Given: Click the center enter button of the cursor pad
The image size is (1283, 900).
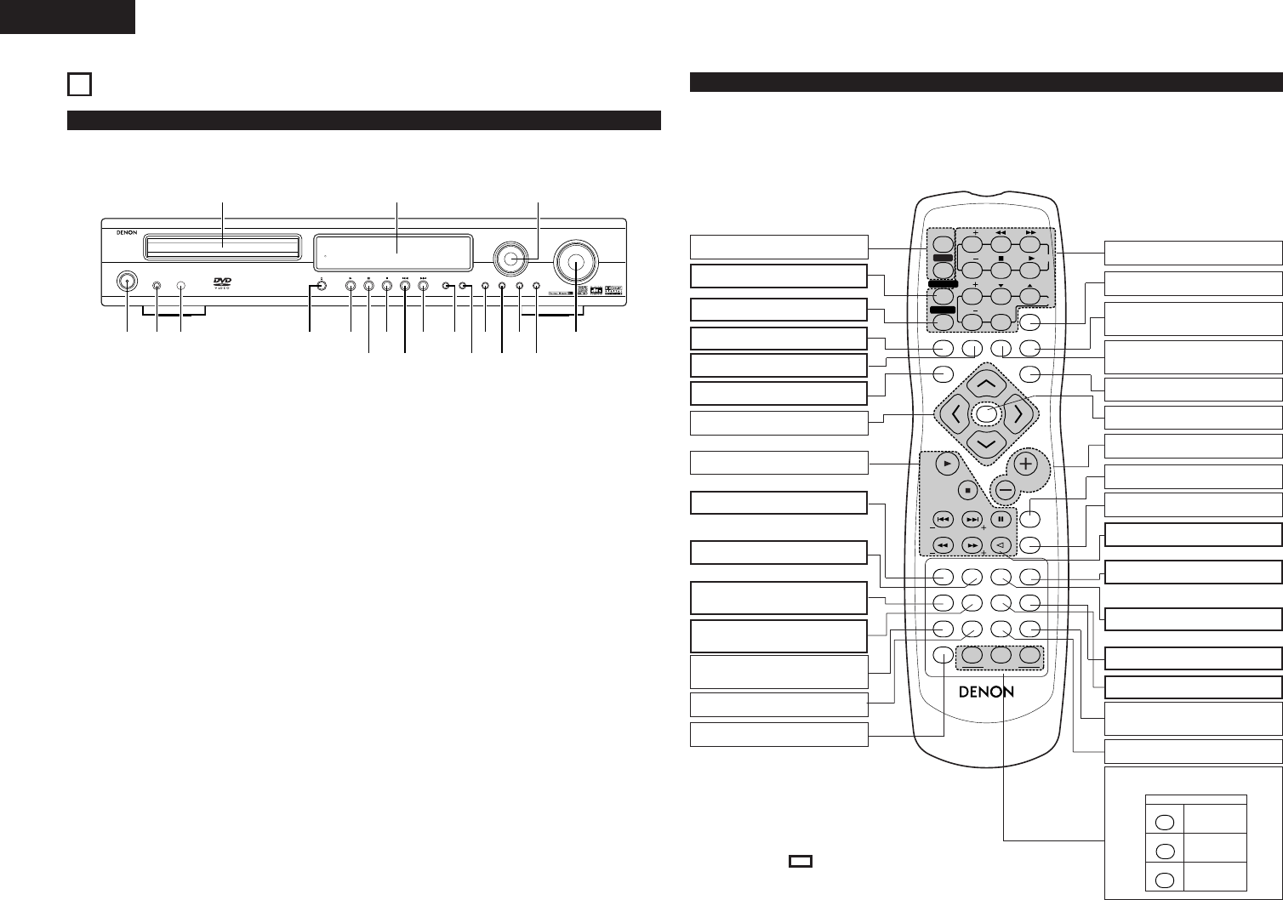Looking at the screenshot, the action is click(x=985, y=415).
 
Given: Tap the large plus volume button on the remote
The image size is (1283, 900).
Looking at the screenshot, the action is click(x=1026, y=464).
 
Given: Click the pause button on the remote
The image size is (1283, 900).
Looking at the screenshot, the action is click(x=1001, y=519).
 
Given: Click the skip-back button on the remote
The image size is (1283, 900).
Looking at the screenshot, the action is click(x=942, y=519).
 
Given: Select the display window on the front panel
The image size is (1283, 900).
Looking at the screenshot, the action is click(x=395, y=251).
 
